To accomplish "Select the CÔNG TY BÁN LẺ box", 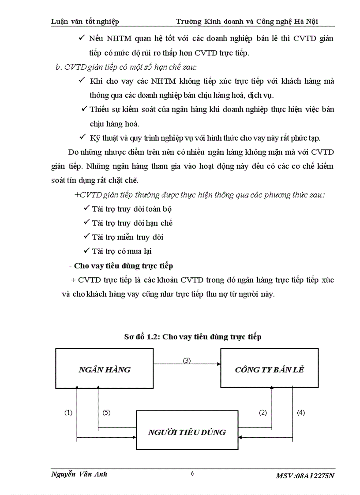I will [269, 369].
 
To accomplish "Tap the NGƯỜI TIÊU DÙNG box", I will [187, 432].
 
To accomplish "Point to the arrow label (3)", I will [187, 360].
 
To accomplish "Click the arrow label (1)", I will [68, 413].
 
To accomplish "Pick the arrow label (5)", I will [106, 413].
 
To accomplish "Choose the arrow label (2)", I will [262, 413].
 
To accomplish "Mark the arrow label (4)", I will [301, 413].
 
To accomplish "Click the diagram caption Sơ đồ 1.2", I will [192, 337].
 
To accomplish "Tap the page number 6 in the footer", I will [192, 473].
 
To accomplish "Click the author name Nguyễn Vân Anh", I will [79, 474].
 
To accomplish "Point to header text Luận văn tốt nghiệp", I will [85, 21].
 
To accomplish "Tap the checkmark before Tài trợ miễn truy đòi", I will [86, 237].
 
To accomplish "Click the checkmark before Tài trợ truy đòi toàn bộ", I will [86, 208].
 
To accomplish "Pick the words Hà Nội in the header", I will [307, 21].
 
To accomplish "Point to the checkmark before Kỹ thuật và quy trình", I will [81, 138].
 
